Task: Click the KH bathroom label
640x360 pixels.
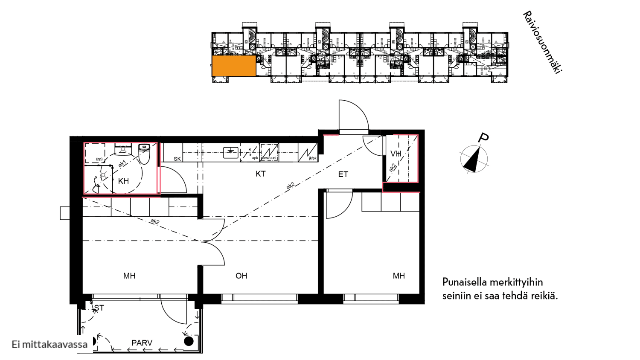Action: (x=123, y=181)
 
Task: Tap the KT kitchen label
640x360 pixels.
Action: (x=261, y=174)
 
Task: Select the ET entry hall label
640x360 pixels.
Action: (x=343, y=174)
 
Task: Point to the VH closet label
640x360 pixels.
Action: (x=396, y=154)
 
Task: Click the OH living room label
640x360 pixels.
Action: (x=241, y=276)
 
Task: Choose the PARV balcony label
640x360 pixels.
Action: (x=142, y=343)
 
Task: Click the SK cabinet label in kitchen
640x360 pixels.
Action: (x=177, y=159)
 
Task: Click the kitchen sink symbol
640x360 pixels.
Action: (x=231, y=152)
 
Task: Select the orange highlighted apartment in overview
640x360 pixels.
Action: (x=234, y=66)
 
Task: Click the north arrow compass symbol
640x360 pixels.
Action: (x=474, y=159)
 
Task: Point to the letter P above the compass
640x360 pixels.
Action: (x=483, y=138)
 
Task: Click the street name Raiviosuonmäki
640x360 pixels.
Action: (x=542, y=42)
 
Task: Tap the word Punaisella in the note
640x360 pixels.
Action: (x=465, y=282)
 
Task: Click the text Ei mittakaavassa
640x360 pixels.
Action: (x=49, y=344)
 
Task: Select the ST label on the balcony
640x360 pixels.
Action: (x=99, y=308)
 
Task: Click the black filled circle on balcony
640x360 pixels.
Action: (x=189, y=341)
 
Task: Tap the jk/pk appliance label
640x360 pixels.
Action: (x=313, y=158)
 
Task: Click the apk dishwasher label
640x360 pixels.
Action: (x=255, y=158)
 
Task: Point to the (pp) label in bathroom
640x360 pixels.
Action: (x=99, y=159)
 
